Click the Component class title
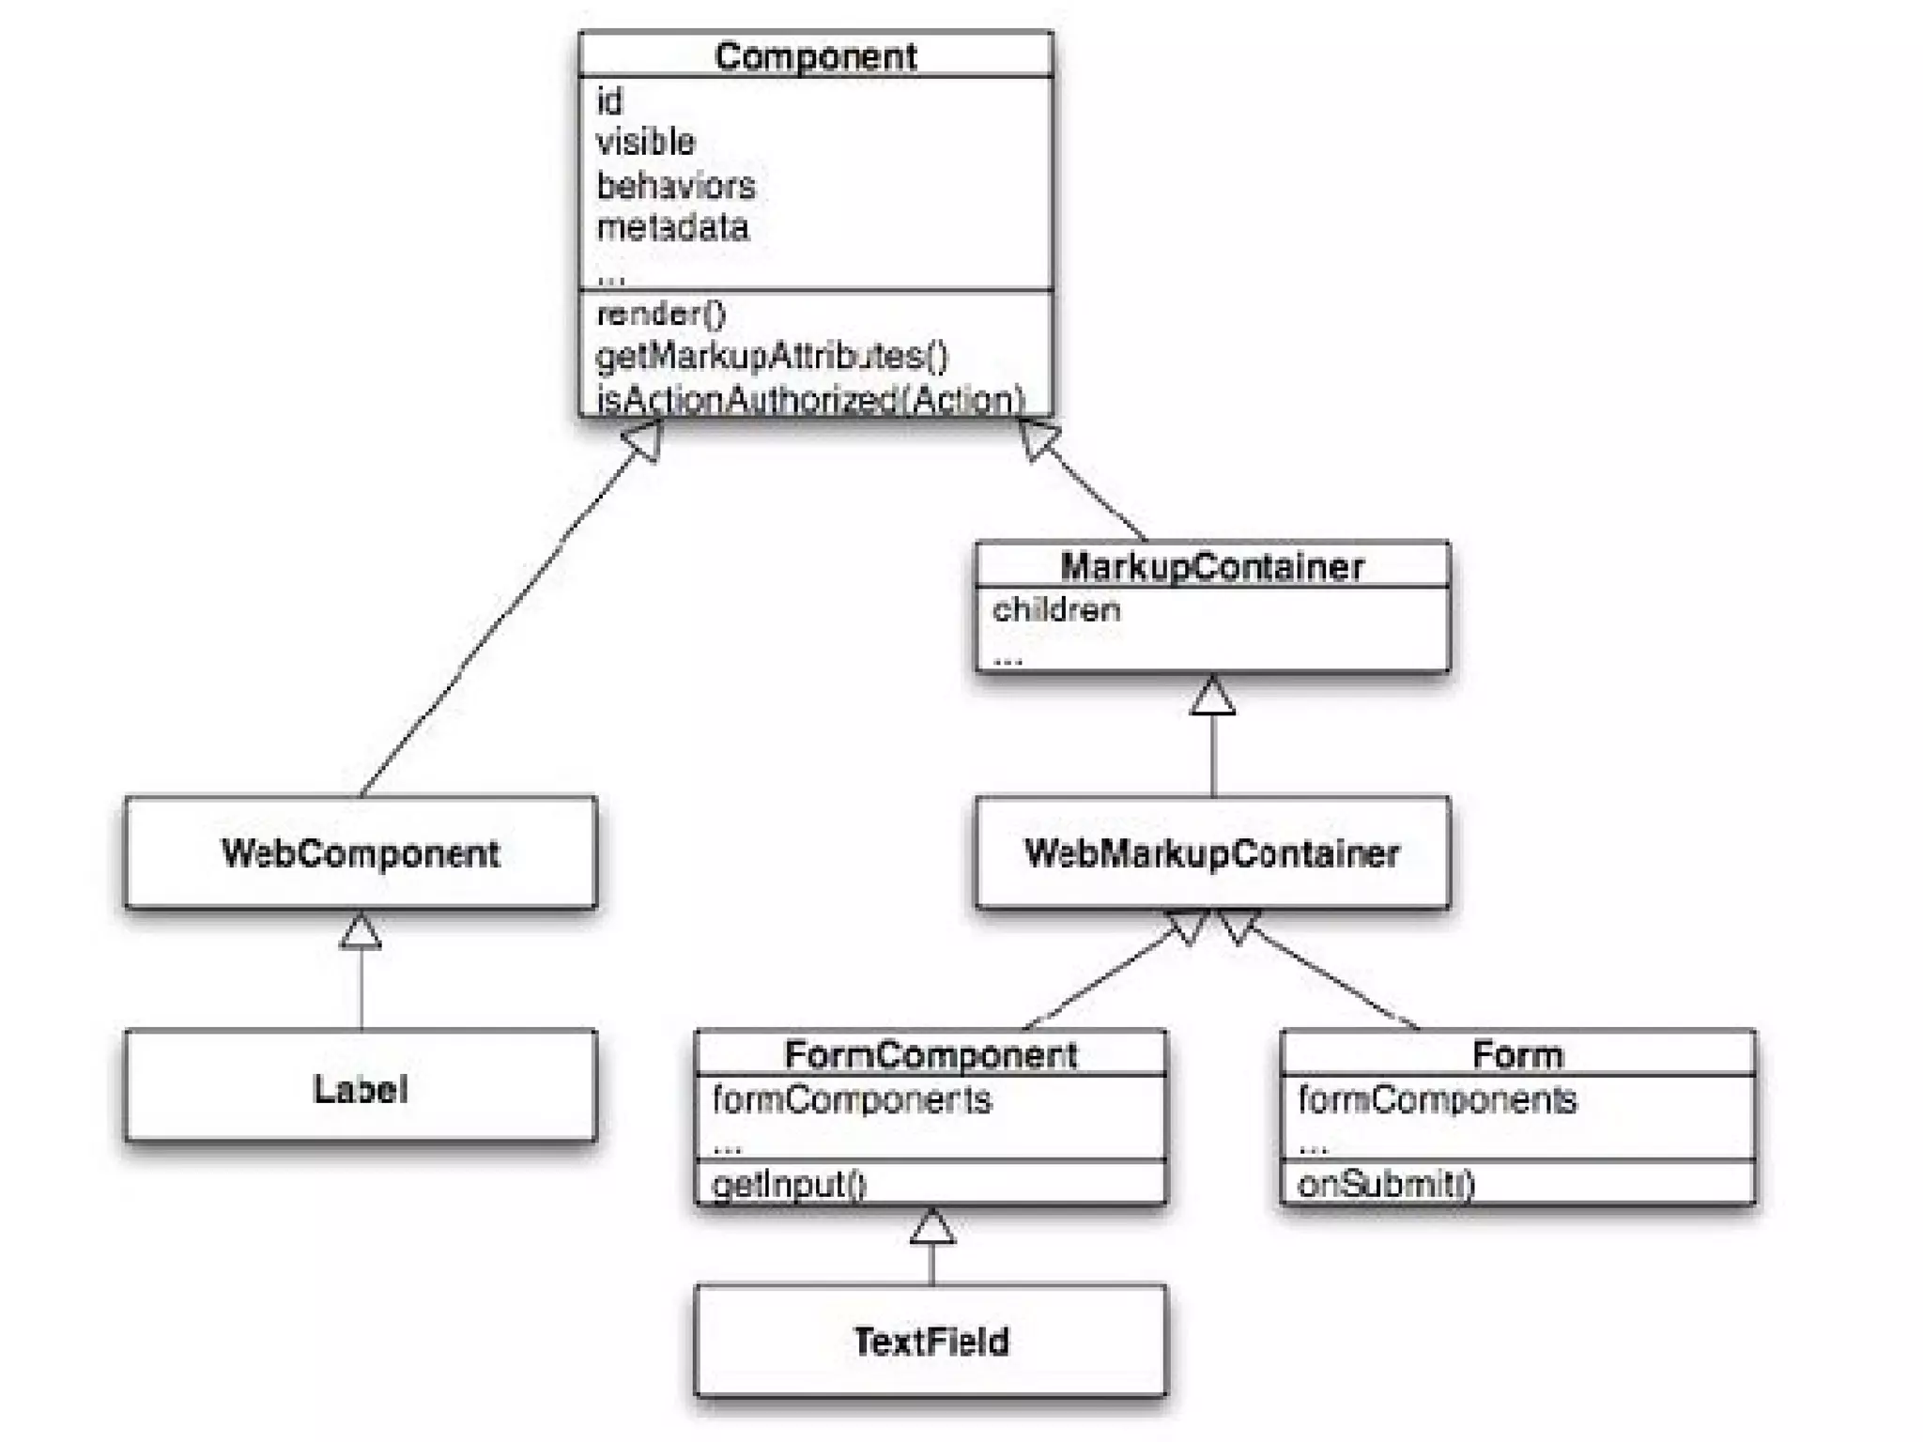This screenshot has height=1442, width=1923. [x=815, y=56]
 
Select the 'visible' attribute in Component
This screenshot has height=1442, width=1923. [x=646, y=142]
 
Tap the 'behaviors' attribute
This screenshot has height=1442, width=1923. [x=676, y=185]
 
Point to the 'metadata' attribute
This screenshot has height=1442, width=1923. [x=672, y=227]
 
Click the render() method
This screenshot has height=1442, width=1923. [x=661, y=314]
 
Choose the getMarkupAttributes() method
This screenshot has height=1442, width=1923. [x=772, y=356]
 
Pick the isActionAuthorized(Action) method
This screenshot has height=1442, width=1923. [x=810, y=399]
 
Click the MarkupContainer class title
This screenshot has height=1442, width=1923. [x=1211, y=566]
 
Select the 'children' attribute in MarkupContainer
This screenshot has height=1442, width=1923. [x=1056, y=610]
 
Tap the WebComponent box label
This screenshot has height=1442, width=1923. [x=361, y=853]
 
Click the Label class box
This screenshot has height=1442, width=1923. [x=361, y=1088]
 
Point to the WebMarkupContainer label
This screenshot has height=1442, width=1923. [x=1211, y=853]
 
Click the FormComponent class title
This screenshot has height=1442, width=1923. [x=931, y=1054]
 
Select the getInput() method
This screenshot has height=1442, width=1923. [x=789, y=1184]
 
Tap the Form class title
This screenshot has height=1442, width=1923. [x=1517, y=1054]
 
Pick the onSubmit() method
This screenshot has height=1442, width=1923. [x=1386, y=1184]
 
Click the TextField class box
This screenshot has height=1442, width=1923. [x=931, y=1342]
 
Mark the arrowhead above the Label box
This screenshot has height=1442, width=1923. [x=361, y=932]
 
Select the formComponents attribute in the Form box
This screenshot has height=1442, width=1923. [x=1437, y=1099]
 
